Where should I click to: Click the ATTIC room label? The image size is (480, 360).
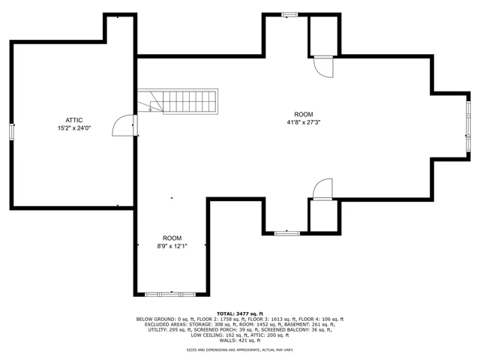coord(73,120)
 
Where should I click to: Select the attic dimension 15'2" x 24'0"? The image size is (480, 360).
coord(73,127)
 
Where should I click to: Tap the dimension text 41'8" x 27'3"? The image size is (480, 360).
coord(304,122)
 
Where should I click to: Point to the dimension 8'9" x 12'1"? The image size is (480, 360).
coord(172,245)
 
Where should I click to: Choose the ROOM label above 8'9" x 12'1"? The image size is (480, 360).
coord(172,238)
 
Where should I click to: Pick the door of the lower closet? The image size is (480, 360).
coord(322,188)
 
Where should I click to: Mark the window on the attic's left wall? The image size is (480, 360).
coord(11,131)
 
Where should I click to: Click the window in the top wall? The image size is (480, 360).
coord(289,14)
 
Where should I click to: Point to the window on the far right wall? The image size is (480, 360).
coord(466,126)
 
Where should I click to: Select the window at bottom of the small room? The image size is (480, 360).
coord(172,292)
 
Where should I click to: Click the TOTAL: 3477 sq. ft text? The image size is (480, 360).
coord(239,313)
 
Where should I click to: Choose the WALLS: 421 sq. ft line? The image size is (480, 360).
coord(239,340)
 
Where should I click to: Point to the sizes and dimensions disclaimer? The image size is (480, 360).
coord(239,350)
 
